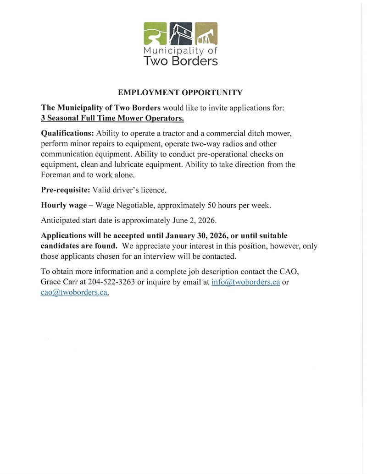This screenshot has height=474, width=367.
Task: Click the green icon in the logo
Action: click(155, 33)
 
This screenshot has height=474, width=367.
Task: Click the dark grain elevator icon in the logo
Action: click(180, 33)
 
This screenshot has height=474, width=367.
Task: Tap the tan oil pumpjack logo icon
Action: click(206, 33)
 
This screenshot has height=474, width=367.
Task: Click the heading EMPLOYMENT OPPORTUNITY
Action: click(180, 93)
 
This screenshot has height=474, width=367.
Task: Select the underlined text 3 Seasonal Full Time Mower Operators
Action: click(112, 118)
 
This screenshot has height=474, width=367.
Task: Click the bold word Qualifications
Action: click(67, 133)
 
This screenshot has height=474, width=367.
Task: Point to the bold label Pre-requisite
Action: click(66, 190)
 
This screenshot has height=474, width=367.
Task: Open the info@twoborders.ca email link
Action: click(245, 282)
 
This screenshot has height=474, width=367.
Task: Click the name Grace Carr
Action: click(57, 282)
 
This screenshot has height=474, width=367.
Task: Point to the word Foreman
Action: click(55, 174)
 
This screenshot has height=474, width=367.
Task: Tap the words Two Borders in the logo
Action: click(180, 61)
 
